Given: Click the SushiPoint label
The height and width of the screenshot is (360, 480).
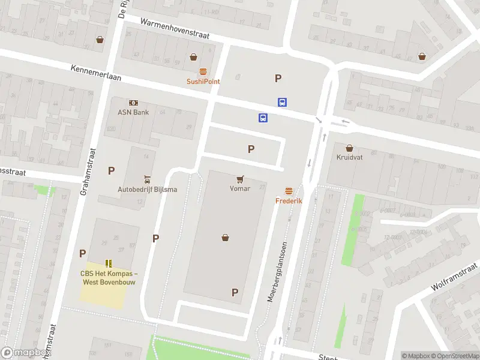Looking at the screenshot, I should click(x=203, y=82).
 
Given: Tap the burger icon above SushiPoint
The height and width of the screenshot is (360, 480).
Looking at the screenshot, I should click(x=203, y=71).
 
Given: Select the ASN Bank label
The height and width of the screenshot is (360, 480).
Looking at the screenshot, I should click(x=133, y=112).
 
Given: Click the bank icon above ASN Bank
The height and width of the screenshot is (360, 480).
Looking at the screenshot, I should click(x=133, y=103).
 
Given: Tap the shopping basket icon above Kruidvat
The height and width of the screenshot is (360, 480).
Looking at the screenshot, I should click(x=349, y=147).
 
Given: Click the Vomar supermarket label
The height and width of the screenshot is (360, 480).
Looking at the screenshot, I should click(x=239, y=188).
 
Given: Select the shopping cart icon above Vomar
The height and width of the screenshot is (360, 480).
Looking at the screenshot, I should click(x=240, y=178).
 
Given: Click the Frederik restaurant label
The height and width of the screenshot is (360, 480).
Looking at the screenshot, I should click(x=289, y=201).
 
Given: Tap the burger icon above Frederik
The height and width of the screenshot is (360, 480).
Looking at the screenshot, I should click(x=289, y=191).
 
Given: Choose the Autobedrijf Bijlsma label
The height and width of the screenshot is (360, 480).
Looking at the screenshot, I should click(x=147, y=190).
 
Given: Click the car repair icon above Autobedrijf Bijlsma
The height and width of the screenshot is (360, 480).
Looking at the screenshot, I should click(x=147, y=179).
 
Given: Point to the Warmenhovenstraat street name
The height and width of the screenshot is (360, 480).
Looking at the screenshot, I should click(x=175, y=29).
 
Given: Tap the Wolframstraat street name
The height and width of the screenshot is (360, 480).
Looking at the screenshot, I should click(x=454, y=277).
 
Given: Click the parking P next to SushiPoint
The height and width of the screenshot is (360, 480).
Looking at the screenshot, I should click(x=278, y=78).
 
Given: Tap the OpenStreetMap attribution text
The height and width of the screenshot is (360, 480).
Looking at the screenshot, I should click(x=455, y=356).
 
